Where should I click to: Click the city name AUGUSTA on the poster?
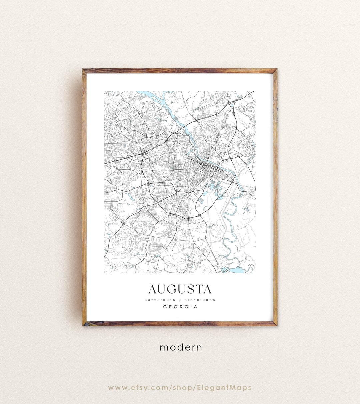(x=180, y=289)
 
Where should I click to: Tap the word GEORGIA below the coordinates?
(x=180, y=307)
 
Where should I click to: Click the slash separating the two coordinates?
(x=180, y=300)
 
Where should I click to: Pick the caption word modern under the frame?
(x=181, y=347)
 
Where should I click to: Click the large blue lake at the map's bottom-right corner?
(x=237, y=270)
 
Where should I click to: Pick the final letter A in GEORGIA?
(x=196, y=307)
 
